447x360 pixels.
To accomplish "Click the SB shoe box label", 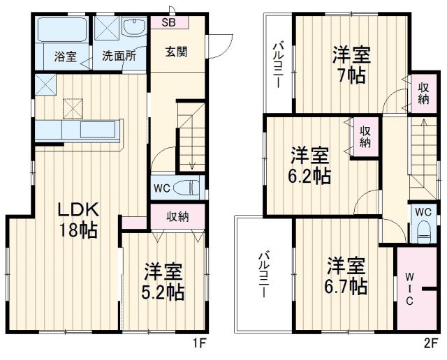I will click(169, 22).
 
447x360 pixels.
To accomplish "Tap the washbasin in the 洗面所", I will click(133, 29).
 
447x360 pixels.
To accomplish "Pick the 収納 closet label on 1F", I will click(177, 216).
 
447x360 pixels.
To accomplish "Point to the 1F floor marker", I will click(200, 343).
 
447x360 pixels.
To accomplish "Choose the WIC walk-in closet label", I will click(410, 288).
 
